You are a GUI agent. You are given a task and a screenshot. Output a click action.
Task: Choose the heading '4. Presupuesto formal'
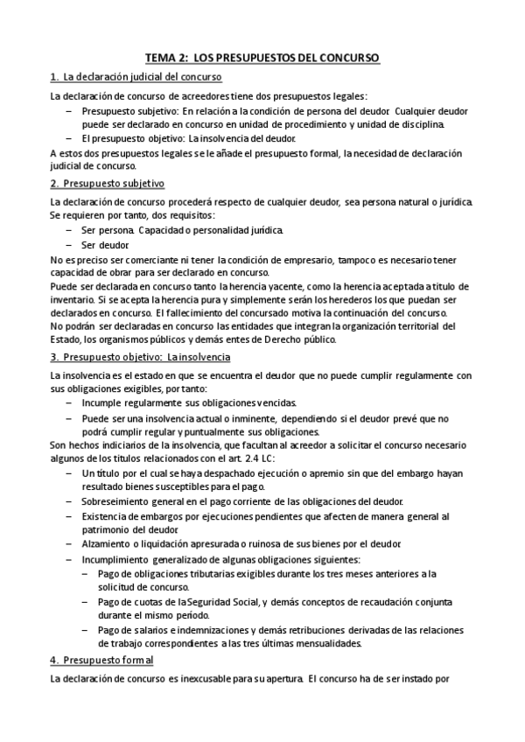pyautogui.click(x=101, y=660)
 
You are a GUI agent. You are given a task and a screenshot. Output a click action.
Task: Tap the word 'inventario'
pyautogui.click(x=76, y=300)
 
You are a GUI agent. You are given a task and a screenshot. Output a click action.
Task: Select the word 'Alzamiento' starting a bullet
pyautogui.click(x=106, y=543)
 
